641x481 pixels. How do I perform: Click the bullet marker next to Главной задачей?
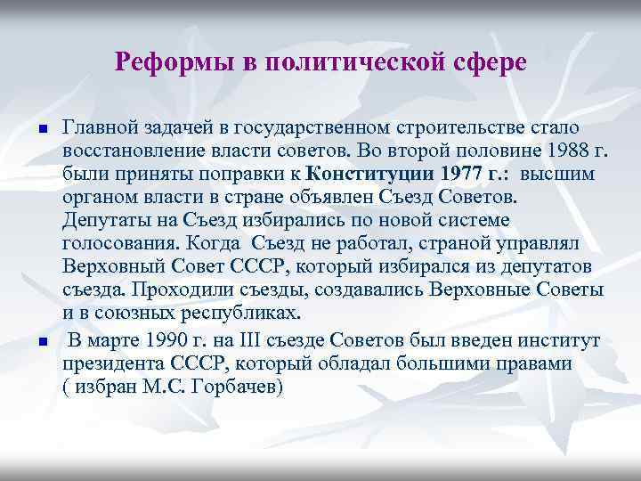(x=29, y=131)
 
